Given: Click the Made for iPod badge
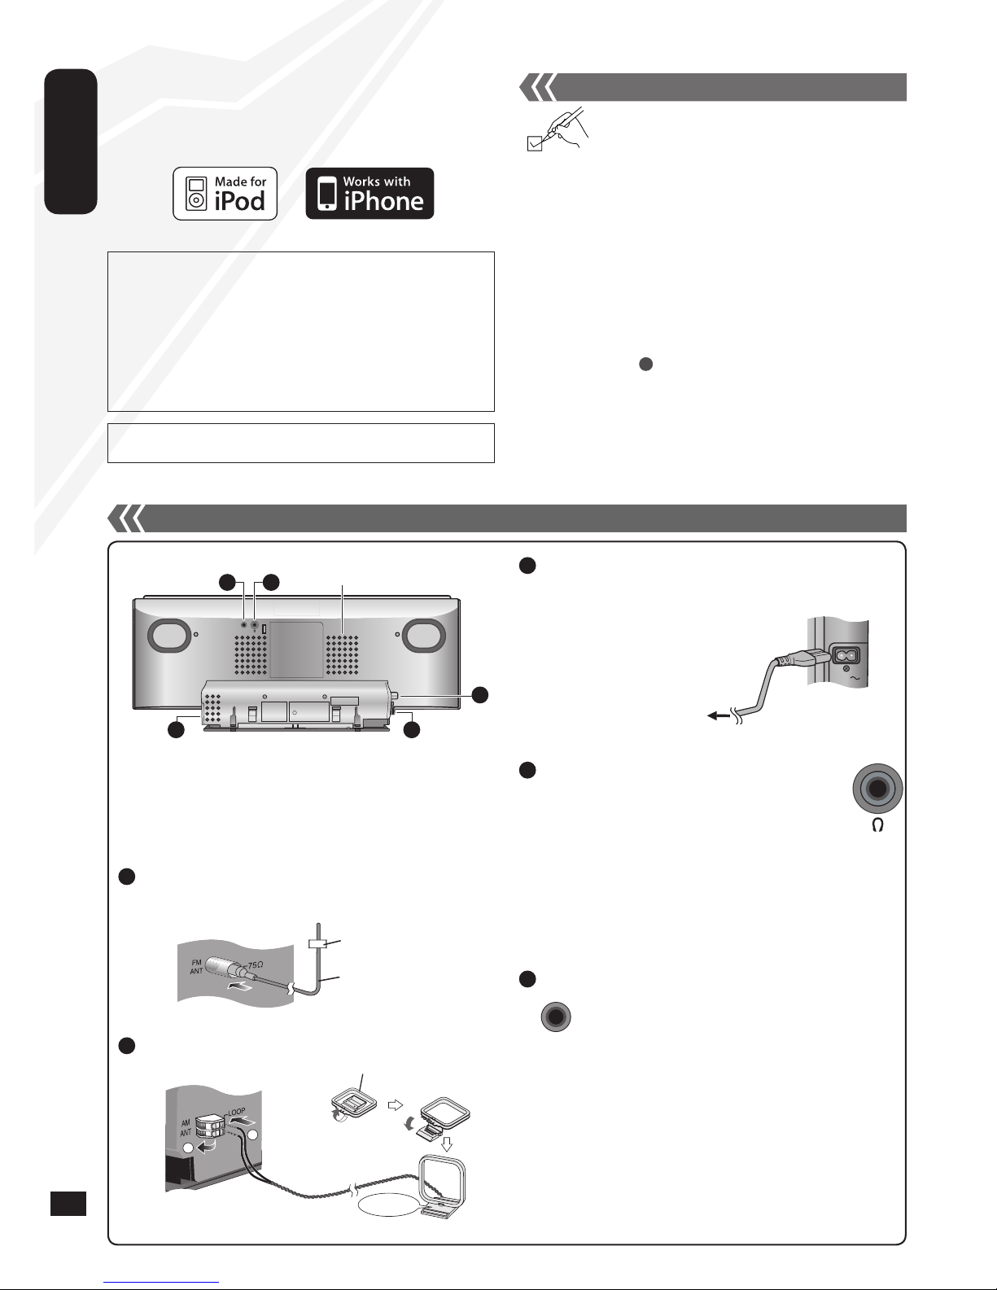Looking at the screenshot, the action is pyautogui.click(x=225, y=194).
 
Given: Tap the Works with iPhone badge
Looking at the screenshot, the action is pyautogui.click(x=370, y=194).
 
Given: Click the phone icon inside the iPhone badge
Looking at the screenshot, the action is pyautogui.click(x=327, y=194).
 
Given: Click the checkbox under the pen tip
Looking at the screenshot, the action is pyautogui.click(x=534, y=143).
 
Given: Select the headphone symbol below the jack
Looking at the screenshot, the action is pyautogui.click(x=877, y=824).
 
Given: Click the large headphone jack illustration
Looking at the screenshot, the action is pyautogui.click(x=877, y=789).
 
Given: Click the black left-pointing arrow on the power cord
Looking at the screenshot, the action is pyautogui.click(x=719, y=715).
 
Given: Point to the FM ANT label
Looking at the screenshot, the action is pyautogui.click(x=196, y=966).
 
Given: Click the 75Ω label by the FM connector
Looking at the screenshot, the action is pyautogui.click(x=255, y=966).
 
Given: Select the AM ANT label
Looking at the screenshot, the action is pyautogui.click(x=186, y=1128).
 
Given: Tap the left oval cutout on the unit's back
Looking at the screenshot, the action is pyautogui.click(x=169, y=635).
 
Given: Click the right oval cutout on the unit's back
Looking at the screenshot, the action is pyautogui.click(x=424, y=635).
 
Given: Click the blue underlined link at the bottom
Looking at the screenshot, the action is pyautogui.click(x=161, y=1282).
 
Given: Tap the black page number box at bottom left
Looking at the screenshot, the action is pyautogui.click(x=68, y=1204).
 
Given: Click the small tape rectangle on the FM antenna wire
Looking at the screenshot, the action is pyautogui.click(x=317, y=943).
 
